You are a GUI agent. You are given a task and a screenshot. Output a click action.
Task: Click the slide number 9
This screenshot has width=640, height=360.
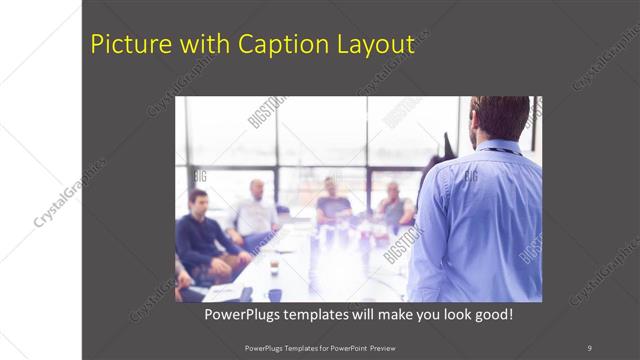click(589, 347)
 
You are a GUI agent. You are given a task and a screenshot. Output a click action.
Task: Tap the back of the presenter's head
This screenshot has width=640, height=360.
click(500, 116)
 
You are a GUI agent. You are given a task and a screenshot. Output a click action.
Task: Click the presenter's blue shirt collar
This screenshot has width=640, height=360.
click(496, 147)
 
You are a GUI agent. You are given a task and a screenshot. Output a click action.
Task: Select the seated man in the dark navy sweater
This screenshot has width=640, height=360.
click(200, 235)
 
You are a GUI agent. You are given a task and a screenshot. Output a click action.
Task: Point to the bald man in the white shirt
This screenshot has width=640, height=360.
click(255, 210)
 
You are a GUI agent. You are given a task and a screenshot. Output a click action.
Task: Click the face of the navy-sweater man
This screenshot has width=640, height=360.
click(198, 201)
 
